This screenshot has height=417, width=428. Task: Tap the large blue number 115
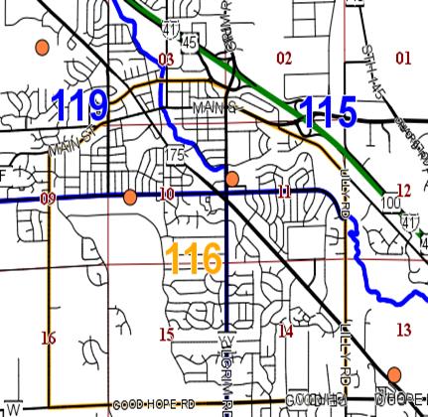[x=328, y=111]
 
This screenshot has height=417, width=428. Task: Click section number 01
[x=402, y=59]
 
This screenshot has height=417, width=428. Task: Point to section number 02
[x=284, y=59]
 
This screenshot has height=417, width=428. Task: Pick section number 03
[x=166, y=61]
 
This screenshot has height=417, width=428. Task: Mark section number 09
[x=48, y=199]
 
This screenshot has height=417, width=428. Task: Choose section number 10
[x=167, y=194]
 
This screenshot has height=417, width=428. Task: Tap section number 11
[x=284, y=192]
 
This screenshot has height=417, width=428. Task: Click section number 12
[x=402, y=190]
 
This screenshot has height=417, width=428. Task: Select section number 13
[x=402, y=330]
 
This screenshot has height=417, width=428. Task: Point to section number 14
[x=285, y=332]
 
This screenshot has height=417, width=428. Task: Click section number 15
[x=167, y=335]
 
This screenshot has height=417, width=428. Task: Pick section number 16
[x=48, y=338]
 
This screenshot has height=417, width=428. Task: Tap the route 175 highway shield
[x=177, y=156]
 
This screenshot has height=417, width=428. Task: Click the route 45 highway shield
[x=190, y=44]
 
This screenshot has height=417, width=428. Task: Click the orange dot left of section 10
[x=130, y=196]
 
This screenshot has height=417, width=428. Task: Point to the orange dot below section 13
[x=394, y=374]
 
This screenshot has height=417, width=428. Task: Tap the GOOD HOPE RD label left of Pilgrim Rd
[x=153, y=405]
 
